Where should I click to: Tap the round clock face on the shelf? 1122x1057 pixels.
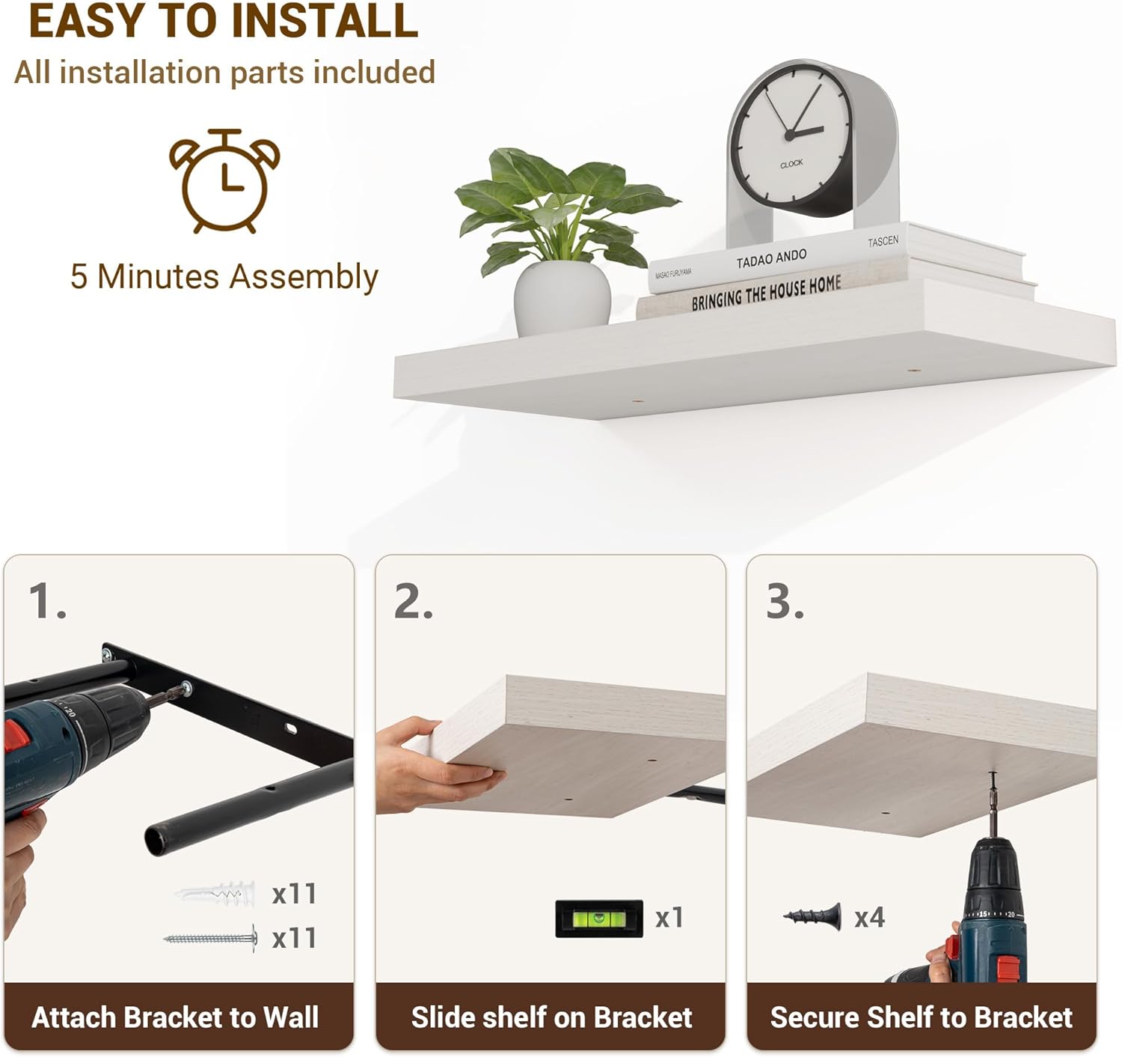pos(791,135)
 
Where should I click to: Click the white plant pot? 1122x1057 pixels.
pos(562,298)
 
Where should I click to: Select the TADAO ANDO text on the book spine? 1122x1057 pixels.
pos(771,258)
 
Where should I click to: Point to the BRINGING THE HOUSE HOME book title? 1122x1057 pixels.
pos(766,293)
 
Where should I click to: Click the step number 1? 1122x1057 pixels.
pos(47,601)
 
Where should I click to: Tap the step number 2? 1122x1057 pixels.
pos(414,601)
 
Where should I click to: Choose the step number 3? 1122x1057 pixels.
pos(785,601)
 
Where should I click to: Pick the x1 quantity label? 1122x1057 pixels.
pos(669,918)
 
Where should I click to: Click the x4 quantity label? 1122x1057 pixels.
pos(869,917)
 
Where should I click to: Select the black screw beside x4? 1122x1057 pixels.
pos(812,917)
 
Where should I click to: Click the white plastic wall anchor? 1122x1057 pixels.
pos(215,894)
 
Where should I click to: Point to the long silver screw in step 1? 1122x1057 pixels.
pos(211,939)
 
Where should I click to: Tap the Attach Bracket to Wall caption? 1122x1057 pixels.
pos(175,1017)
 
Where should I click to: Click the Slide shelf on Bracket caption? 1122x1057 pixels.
pos(551,1017)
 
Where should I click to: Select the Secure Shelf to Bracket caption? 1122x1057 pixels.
pos(922,1017)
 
